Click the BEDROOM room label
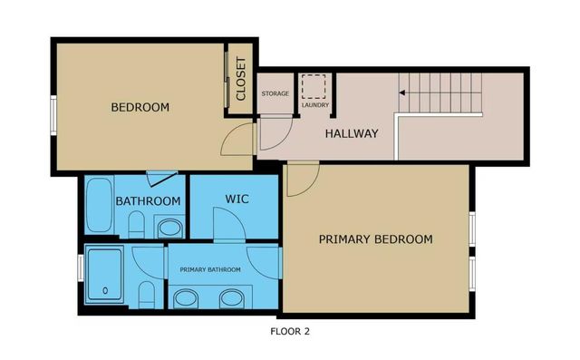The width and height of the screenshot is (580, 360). click(x=140, y=107)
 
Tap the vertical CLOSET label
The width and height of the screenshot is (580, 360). click(x=240, y=79)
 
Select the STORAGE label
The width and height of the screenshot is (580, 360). click(x=275, y=94)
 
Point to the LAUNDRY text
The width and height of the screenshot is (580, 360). click(x=314, y=104)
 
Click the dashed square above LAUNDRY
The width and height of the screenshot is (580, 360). click(x=314, y=86)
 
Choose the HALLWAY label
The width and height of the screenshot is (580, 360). click(x=351, y=133)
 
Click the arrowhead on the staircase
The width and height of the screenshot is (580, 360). click(x=401, y=91)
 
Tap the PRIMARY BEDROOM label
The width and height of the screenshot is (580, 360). click(x=375, y=239)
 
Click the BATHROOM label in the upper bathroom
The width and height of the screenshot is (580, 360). click(x=148, y=200)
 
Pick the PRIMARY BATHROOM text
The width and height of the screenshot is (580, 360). click(x=210, y=269)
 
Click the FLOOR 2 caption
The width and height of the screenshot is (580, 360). click(x=290, y=331)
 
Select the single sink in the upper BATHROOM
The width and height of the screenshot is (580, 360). click(x=169, y=227)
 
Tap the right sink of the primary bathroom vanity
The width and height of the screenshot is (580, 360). click(x=230, y=297)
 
